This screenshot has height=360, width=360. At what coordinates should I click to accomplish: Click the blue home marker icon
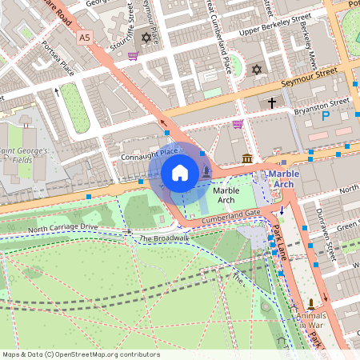pos(180,173)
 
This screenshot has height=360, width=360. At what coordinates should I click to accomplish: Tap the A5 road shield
pos(85,37)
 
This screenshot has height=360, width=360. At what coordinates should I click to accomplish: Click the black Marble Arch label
pos(226,194)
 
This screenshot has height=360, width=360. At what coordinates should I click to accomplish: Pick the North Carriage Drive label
pos(62,230)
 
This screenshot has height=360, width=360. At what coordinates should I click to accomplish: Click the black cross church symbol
pos(272,102)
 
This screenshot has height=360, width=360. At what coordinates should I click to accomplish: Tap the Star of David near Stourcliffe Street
pos(145,38)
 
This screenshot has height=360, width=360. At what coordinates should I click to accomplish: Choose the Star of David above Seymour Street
pos(256,70)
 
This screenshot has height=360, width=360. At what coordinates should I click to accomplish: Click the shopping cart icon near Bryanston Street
pos(238,124)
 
